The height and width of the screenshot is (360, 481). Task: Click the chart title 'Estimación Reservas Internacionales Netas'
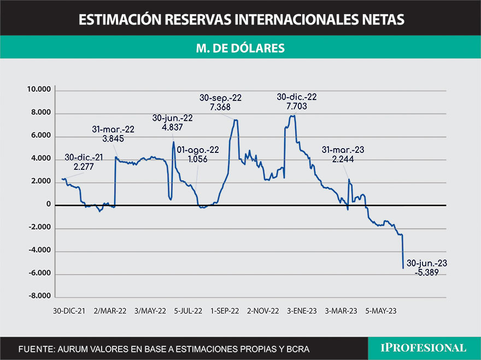tap(241, 20)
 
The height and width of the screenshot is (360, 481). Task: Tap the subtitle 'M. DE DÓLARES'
tap(241, 48)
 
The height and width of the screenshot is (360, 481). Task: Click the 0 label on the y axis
tap(48, 205)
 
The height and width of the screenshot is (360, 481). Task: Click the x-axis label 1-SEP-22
tap(225, 311)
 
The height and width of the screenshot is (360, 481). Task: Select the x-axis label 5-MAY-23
tap(381, 311)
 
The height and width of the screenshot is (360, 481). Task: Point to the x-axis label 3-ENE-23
tap(302, 311)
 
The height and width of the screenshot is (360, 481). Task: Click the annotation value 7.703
tap(297, 107)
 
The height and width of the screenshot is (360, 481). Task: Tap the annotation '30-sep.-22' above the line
tap(220, 98)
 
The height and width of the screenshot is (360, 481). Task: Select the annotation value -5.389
tap(427, 272)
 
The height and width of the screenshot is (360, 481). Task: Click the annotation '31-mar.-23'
tap(343, 150)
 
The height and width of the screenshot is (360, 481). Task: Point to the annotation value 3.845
tap(113, 138)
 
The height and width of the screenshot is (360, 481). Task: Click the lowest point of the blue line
tap(403, 268)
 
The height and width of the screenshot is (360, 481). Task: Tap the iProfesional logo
tap(424, 347)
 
